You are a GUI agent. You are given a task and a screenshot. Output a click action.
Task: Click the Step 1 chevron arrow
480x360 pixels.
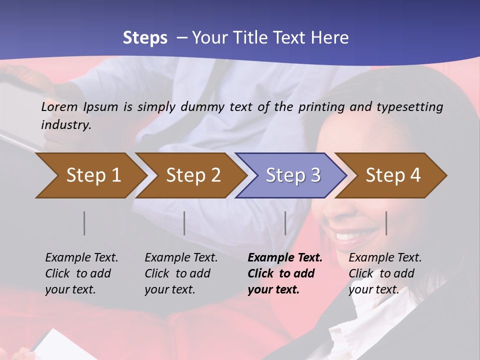click(x=90, y=175)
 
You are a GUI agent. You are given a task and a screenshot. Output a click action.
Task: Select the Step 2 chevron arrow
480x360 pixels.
click(x=192, y=175)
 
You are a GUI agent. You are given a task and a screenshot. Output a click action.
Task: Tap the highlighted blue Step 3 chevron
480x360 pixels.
click(x=292, y=175)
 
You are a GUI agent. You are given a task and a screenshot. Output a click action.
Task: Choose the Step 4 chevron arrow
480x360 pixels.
click(x=392, y=175)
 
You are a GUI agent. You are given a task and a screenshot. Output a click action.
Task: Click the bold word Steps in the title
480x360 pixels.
click(x=145, y=37)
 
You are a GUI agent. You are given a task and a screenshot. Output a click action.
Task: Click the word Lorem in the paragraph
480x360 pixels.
click(x=59, y=106)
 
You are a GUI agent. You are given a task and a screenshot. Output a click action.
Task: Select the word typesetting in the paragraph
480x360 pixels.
click(x=409, y=107)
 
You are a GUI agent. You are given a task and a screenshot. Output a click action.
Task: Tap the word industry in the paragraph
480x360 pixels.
click(x=65, y=125)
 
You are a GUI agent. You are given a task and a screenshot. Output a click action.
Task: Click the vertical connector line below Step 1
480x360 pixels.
click(x=84, y=223)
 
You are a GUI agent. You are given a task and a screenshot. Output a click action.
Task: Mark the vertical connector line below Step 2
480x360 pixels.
click(x=184, y=223)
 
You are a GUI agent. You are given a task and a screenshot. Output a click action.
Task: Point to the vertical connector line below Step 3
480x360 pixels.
click(x=285, y=223)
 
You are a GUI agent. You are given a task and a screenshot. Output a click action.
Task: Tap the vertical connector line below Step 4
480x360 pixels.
click(x=386, y=223)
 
